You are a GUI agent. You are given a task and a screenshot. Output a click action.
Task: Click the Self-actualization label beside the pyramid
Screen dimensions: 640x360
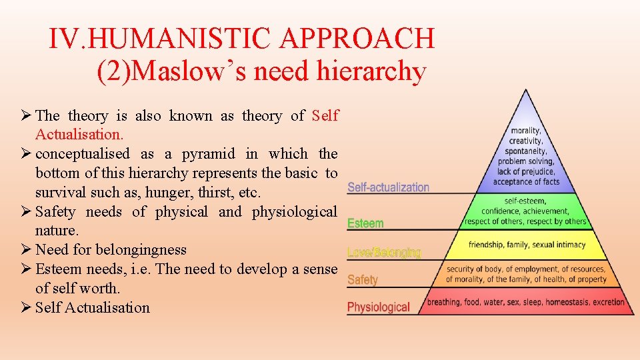coord(389,187)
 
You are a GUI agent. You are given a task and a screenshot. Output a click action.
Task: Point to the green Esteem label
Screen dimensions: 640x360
coord(365,223)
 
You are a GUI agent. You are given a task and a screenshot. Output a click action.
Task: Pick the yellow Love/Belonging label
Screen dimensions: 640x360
coord(384,253)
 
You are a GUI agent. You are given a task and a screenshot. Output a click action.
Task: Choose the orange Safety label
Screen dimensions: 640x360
coord(363,280)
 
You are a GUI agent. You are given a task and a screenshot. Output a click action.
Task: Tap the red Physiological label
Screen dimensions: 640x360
coord(378,307)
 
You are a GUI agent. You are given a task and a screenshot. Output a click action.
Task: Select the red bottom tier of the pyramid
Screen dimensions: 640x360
coord(527,302)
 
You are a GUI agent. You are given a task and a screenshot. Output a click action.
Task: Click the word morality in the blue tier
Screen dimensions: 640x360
coord(526,131)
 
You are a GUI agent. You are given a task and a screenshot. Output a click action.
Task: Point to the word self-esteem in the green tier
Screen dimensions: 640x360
coord(526,201)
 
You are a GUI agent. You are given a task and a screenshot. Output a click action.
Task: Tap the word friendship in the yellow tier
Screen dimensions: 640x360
coord(486,245)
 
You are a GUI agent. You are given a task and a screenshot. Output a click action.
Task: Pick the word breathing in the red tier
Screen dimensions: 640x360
coord(443,302)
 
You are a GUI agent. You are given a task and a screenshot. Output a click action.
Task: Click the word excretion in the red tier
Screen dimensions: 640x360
coord(607,302)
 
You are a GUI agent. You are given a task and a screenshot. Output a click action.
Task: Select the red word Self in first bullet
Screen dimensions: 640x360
coord(325,116)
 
